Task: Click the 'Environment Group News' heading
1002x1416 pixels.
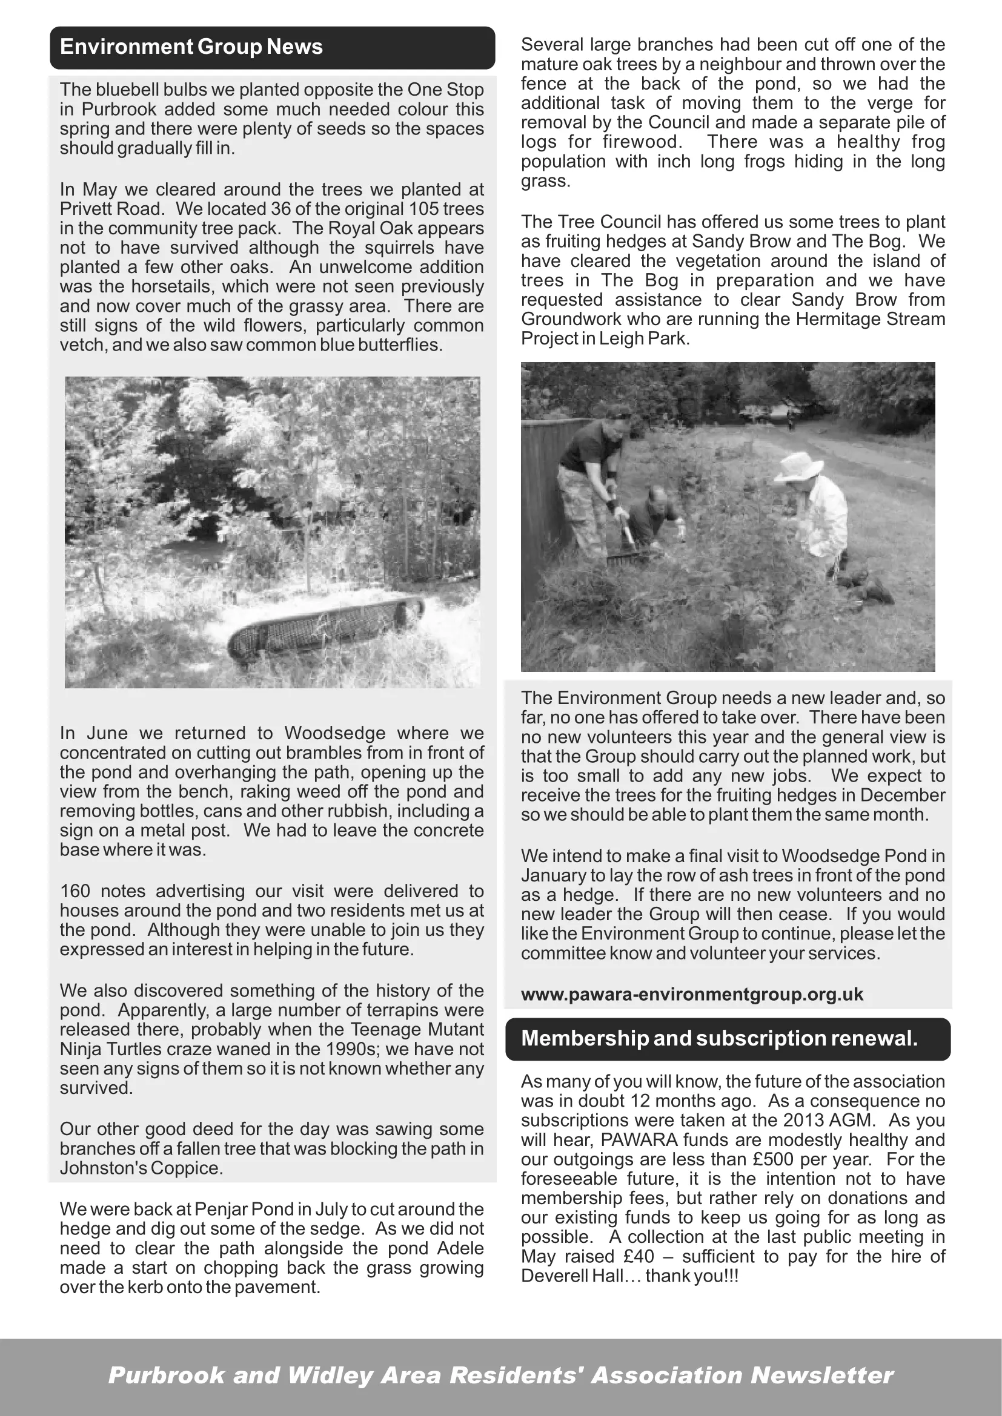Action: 191,47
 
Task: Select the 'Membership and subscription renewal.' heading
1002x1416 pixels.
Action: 720,1039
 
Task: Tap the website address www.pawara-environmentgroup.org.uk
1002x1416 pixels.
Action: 692,994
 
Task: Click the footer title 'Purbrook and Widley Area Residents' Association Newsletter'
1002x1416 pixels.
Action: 500,1375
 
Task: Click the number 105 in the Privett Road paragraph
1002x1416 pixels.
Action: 425,209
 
